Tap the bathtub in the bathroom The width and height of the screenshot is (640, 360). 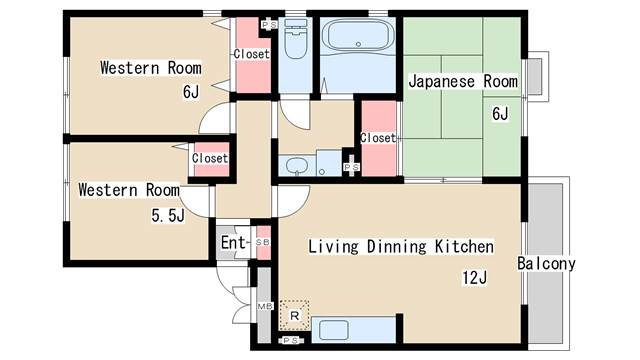click(358, 36)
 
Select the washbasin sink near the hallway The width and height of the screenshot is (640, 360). click(297, 166)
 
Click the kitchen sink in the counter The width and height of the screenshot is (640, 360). click(333, 330)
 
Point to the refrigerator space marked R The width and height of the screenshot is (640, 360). click(294, 315)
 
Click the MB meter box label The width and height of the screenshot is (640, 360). click(264, 306)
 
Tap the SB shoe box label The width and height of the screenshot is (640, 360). click(262, 242)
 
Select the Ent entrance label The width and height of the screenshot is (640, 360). click(233, 242)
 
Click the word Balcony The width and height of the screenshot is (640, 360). click(546, 264)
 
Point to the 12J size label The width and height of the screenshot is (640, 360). click(474, 278)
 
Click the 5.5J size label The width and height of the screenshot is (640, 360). click(168, 215)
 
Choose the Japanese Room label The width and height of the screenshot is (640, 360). click(463, 81)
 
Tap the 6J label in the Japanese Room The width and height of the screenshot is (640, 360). click(500, 113)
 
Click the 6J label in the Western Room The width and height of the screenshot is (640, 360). click(191, 91)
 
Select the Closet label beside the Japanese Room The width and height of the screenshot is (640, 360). click(378, 138)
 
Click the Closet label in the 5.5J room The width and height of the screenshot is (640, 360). click(210, 158)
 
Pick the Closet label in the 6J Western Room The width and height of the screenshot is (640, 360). click(252, 54)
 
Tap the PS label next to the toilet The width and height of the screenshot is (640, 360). click(269, 25)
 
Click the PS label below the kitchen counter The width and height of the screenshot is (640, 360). click(291, 340)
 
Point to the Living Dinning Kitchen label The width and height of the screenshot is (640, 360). click(401, 247)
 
